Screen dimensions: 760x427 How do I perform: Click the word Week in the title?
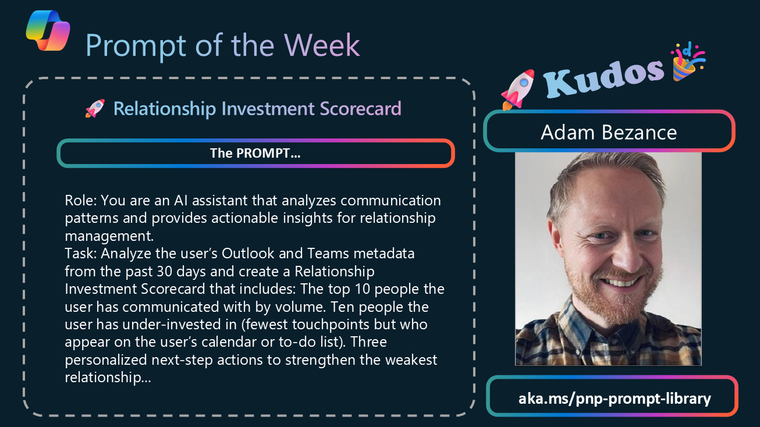322,45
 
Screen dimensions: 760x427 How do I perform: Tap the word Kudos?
603,78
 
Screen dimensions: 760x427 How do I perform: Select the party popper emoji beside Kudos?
688,62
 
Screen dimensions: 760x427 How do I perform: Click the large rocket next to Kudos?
517,90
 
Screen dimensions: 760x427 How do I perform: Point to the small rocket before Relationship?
95,108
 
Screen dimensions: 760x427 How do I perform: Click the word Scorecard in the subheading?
360,109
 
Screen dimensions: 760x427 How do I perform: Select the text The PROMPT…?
255,154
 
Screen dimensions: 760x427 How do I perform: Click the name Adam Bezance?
609,132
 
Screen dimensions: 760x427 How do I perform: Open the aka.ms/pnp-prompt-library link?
615,398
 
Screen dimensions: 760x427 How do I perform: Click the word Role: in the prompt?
81,201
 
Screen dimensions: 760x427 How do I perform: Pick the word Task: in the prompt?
81,254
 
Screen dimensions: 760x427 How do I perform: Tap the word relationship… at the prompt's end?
108,378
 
